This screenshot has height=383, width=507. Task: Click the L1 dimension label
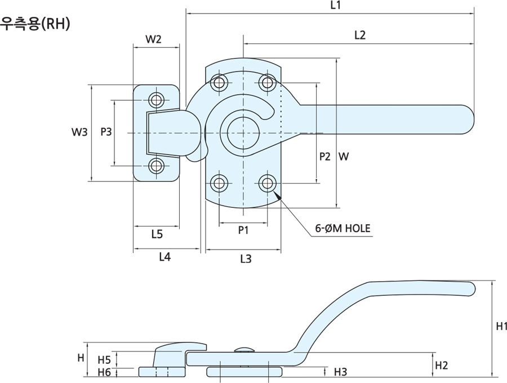point(336,5)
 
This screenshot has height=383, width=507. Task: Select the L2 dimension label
point(360,35)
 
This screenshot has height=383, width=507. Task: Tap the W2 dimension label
point(153,39)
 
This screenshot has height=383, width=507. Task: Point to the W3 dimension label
point(79,132)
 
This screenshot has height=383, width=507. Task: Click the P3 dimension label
point(106,132)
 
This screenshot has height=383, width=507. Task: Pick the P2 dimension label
point(324,157)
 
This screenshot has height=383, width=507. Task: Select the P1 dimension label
point(243,230)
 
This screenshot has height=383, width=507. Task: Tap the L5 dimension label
point(157,233)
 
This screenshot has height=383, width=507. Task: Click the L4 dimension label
point(164,257)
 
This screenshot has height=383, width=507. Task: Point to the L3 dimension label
point(246,259)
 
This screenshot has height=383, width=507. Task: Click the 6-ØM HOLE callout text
point(343,229)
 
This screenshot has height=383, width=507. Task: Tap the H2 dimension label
point(441,366)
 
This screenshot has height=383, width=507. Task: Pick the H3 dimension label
point(340,372)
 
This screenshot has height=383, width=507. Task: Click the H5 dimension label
point(104,360)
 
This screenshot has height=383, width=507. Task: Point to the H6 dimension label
point(104,372)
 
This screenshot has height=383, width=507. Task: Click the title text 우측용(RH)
point(35,24)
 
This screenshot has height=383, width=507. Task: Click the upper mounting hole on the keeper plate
point(156,100)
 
